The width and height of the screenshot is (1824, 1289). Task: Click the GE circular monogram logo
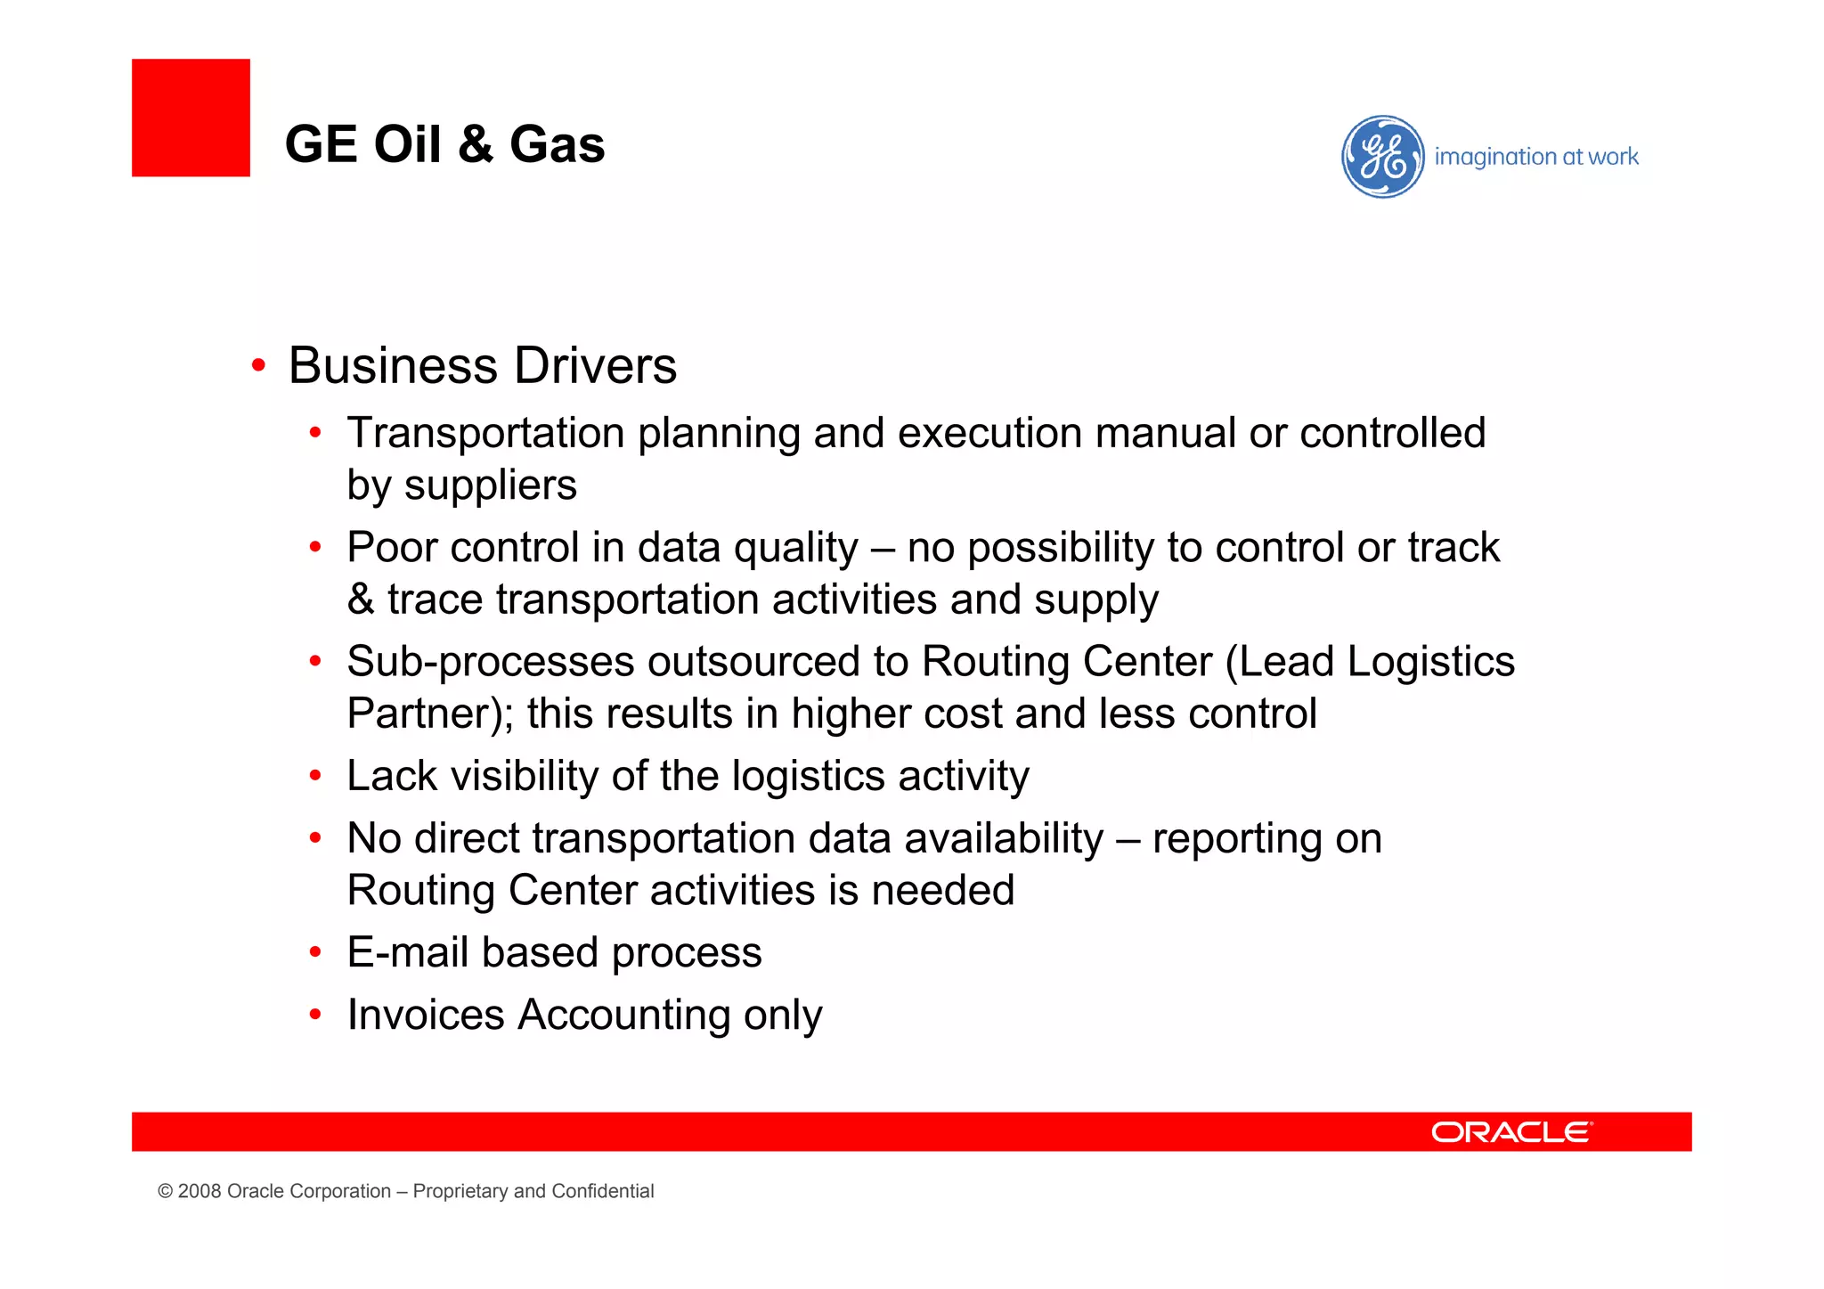[1382, 157]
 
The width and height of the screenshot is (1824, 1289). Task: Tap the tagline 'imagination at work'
[1535, 157]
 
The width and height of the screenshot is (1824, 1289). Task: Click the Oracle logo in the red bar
[1511, 1131]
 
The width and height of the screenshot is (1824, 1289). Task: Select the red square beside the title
[191, 118]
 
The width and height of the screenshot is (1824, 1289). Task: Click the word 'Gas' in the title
[557, 144]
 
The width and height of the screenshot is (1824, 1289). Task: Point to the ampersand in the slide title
[476, 144]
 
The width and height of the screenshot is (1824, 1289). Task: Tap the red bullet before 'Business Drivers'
[258, 365]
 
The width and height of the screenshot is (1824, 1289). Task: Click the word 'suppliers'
[490, 486]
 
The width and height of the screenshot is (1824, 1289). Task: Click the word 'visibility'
[525, 776]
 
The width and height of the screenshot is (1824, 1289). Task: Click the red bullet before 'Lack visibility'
[314, 777]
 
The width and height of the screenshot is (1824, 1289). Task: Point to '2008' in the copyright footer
[199, 1191]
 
